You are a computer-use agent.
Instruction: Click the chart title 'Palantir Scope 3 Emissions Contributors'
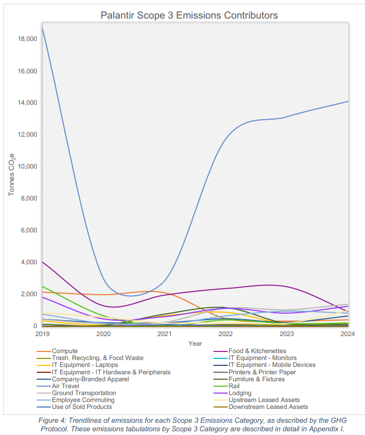189,15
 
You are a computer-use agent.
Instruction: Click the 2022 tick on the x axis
226,334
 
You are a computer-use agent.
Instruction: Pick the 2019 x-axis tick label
42,334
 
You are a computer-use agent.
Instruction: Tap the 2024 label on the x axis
348,334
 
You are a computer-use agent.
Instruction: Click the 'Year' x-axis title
195,344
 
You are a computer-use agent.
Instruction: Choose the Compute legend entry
65,351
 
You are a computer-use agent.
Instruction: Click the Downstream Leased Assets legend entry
268,407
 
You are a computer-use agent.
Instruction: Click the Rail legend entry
235,386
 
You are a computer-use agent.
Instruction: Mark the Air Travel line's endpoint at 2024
348,101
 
